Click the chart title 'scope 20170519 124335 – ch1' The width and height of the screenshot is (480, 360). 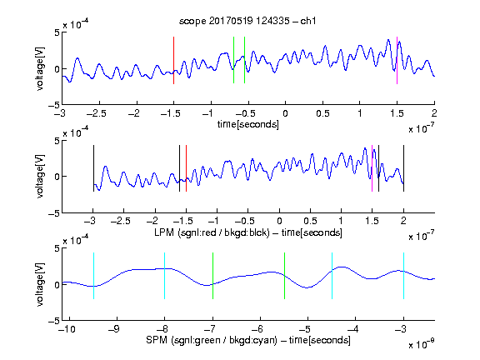click(247, 21)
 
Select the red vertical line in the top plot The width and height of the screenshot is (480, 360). click(173, 60)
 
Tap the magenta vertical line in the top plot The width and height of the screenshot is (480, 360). click(397, 60)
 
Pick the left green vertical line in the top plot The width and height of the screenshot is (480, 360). click(233, 60)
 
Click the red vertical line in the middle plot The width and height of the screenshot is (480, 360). click(186, 168)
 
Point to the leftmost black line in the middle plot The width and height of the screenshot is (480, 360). click(93, 168)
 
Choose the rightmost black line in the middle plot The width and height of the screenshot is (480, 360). click(403, 168)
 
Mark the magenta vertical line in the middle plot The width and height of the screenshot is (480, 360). click(372, 168)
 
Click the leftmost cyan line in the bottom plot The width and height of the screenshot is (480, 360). click(93, 276)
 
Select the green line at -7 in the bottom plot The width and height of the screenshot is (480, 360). click(212, 276)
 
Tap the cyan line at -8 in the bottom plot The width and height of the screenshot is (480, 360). click(165, 276)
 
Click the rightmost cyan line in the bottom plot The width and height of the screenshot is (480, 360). click(403, 276)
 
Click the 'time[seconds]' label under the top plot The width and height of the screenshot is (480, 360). click(248, 124)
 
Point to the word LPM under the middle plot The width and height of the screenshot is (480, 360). click(164, 232)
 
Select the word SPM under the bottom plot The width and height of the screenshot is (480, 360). click(157, 340)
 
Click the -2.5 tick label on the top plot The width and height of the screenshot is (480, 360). click(97, 113)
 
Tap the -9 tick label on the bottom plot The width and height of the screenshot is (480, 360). click(114, 329)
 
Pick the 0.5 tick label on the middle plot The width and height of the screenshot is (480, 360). click(310, 221)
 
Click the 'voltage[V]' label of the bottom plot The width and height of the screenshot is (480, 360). click(40, 284)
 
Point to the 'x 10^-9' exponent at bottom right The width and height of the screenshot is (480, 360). click(421, 343)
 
